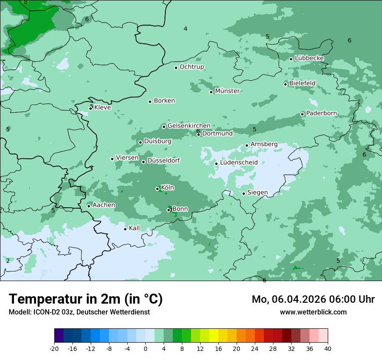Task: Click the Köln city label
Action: [x=168, y=188]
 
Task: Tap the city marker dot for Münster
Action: [x=211, y=92]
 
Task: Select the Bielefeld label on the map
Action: [x=302, y=83]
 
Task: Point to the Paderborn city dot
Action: [x=303, y=114]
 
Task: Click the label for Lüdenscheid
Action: [x=239, y=163]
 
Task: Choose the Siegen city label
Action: [x=257, y=193]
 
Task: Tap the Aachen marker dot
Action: [x=89, y=206]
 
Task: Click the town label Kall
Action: [x=135, y=228]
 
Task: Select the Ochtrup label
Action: [x=191, y=67]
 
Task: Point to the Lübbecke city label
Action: [x=309, y=58]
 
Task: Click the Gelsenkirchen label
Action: [x=189, y=126]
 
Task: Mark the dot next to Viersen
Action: [x=112, y=159]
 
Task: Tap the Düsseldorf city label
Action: [x=164, y=160]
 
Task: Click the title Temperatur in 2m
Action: [x=86, y=299]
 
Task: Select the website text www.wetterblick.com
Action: [x=313, y=312]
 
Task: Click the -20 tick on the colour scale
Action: [x=54, y=348]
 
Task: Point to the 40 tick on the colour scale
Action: [x=327, y=348]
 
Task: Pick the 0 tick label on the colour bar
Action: [x=145, y=348]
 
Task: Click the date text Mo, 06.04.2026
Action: [x=292, y=299]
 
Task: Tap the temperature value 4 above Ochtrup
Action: [x=185, y=29]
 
